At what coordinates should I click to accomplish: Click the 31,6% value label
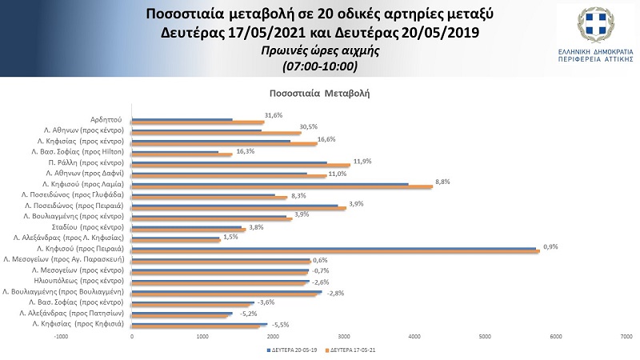pos(274,115)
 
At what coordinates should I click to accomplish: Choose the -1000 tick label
pos(61,337)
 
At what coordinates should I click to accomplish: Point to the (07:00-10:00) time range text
pos(319,64)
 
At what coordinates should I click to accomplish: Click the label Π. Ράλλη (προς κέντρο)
pos(92,161)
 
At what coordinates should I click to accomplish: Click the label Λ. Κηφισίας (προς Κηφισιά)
pos(77,326)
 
